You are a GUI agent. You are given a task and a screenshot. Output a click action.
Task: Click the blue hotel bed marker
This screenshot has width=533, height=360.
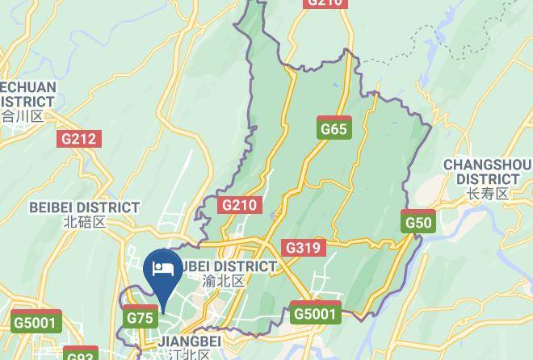coord(162,269)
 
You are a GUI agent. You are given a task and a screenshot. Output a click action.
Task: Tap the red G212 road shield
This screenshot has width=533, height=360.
coord(79,139)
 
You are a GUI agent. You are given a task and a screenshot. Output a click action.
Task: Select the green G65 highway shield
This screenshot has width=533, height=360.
coord(334,129)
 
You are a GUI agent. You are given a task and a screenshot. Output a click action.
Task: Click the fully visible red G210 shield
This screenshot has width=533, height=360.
coord(239,205)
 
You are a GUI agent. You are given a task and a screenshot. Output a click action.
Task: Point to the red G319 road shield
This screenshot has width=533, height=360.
coord(304,248)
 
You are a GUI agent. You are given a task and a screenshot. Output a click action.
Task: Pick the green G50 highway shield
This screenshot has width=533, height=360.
coord(418,223)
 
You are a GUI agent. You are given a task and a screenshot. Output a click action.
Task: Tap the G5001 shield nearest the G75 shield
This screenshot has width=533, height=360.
coord(37,323)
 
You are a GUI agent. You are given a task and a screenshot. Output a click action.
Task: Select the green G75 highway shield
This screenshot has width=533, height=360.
coord(141,318)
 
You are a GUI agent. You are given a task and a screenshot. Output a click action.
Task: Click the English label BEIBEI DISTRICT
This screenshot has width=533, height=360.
coord(85,207)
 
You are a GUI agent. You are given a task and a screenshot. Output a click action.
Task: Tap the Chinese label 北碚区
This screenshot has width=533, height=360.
coord(84,222)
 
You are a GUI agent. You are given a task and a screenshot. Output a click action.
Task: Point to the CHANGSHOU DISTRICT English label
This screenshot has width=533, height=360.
coord(487,172)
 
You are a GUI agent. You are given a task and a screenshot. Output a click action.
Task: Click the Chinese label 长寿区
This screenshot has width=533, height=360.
coord(487,194)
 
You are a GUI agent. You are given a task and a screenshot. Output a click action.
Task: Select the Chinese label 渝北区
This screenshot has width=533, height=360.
coord(223,282)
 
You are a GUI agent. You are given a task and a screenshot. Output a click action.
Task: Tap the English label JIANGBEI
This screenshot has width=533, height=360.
coord(190,341)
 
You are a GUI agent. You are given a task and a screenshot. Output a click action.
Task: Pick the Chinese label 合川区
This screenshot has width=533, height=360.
coord(22,116)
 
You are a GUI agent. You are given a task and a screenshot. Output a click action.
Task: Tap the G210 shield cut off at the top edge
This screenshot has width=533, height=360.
coord(325,3)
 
